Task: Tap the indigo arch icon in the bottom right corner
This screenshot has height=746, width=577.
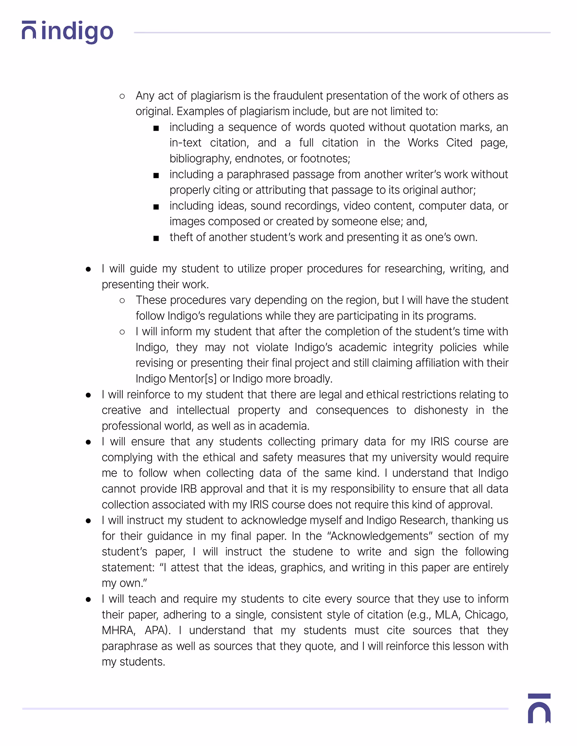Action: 539,708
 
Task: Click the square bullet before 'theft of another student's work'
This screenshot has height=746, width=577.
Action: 156,238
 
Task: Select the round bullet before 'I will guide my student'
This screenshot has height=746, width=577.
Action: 88,269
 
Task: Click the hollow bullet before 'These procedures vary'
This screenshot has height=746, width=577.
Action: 122,300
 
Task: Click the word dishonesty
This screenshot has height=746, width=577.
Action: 441,410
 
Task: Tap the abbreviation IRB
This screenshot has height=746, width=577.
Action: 189,489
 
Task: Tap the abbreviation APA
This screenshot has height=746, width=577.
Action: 157,630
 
